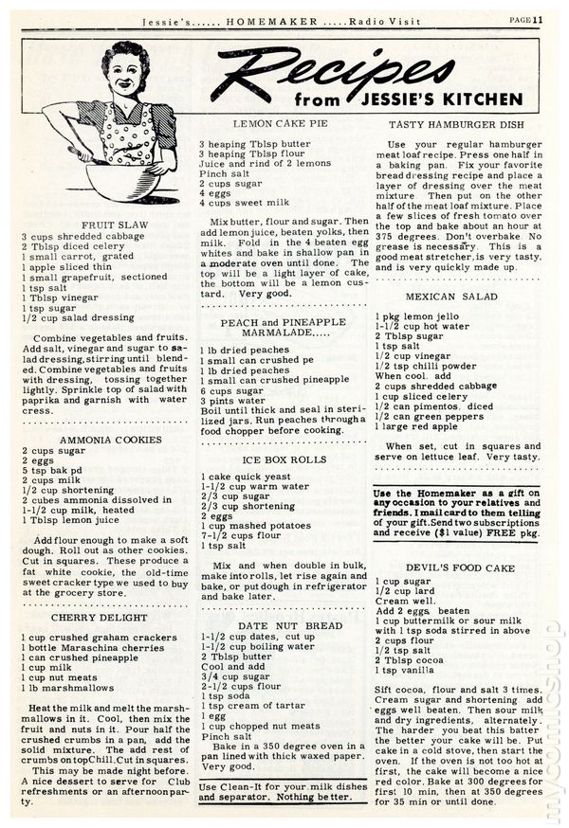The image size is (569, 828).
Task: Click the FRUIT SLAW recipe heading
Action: pos(107,225)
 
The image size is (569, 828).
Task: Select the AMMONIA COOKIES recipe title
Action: pos(107,441)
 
